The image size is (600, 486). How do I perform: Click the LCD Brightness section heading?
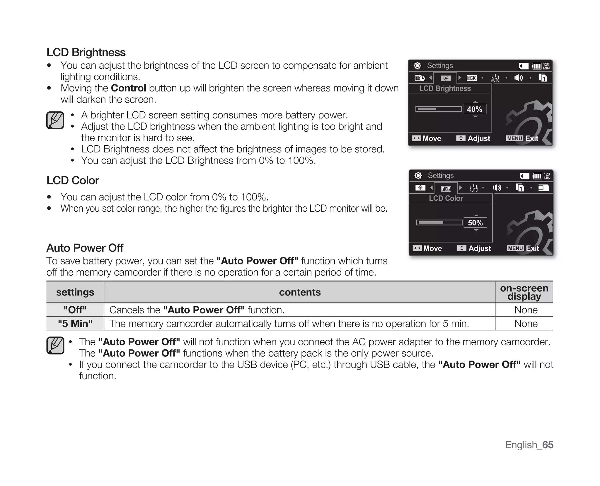86,52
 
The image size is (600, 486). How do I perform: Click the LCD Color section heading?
73,181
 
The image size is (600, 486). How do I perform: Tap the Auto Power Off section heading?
85,248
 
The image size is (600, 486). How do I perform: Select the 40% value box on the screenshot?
474,109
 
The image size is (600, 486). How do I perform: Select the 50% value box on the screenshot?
475,223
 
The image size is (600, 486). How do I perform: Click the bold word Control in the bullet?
128,88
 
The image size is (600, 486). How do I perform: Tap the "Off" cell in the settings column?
75,310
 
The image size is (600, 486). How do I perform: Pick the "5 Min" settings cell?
75,324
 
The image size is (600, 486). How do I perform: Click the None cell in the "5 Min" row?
526,324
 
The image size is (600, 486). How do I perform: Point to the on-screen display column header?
524,292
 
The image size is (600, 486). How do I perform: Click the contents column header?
300,292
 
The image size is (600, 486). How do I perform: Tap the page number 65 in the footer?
548,445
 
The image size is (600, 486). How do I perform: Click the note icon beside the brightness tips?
55,120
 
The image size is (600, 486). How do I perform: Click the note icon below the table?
55,345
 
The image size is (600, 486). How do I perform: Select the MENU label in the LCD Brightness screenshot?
514,138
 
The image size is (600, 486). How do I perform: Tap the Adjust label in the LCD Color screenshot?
480,249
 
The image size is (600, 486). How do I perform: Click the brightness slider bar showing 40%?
439,109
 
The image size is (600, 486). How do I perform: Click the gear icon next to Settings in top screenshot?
417,66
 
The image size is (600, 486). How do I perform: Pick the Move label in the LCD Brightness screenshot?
432,139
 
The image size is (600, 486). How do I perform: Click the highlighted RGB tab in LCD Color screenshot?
446,189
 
